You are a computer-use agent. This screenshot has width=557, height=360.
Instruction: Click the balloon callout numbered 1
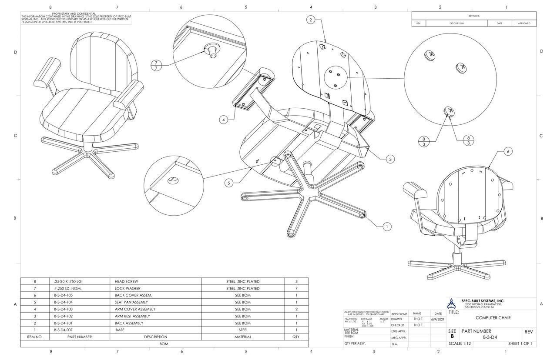(x=387, y=226)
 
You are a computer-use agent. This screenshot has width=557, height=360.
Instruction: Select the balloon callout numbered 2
(x=311, y=20)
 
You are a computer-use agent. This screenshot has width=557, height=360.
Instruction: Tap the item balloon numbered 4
(x=223, y=120)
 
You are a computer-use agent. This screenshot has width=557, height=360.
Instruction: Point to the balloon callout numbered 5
(x=229, y=183)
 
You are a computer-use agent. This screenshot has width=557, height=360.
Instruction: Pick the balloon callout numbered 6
(x=508, y=151)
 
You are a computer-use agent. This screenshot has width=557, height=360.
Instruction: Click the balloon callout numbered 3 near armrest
(x=391, y=159)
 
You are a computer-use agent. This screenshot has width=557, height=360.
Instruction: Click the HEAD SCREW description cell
(x=126, y=281)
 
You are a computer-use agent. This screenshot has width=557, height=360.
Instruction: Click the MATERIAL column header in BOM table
(x=243, y=337)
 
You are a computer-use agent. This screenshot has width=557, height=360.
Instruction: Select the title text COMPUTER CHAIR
(x=493, y=318)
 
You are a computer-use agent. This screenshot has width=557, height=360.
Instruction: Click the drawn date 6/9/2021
(x=438, y=319)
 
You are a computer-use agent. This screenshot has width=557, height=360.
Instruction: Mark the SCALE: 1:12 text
(x=460, y=343)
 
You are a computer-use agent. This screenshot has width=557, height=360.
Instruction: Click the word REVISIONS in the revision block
(x=474, y=16)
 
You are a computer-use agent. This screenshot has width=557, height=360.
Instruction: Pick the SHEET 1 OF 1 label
(x=520, y=343)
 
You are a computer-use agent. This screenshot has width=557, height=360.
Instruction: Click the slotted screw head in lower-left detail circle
(x=173, y=180)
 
